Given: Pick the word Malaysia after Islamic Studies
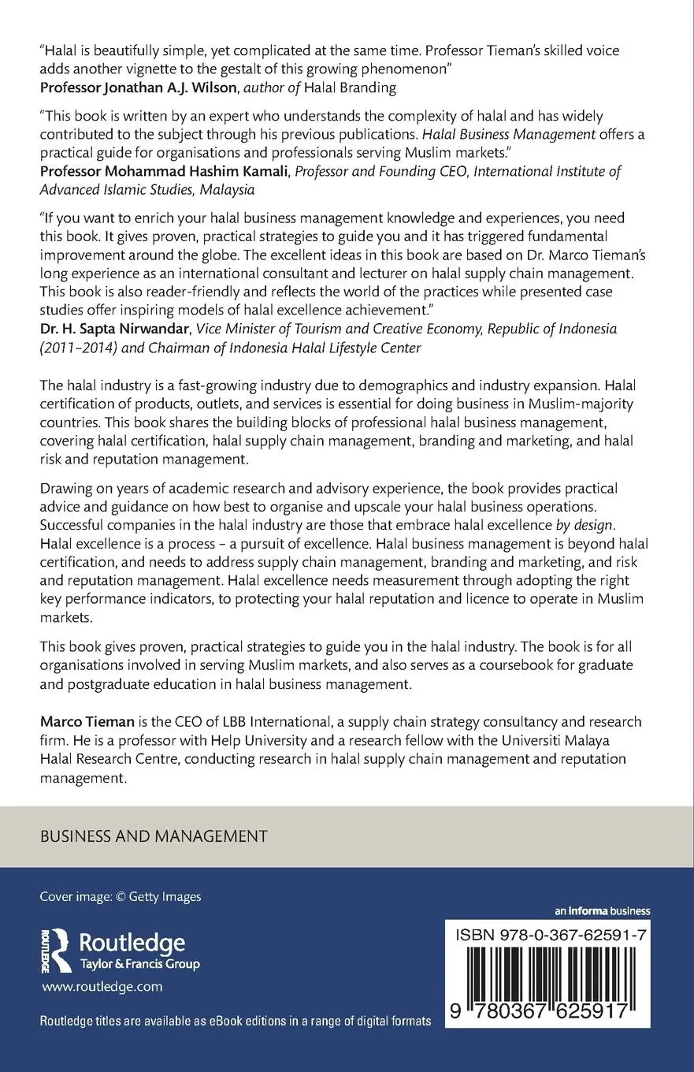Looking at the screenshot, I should coord(227,190).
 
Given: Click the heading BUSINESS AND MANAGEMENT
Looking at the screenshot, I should coord(154,836).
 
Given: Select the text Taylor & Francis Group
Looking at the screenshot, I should coord(140,964).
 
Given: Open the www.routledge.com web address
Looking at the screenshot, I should coord(102,986).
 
